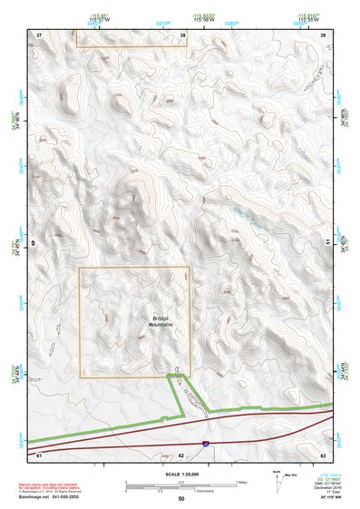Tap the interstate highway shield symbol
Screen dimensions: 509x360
[x=206, y=444]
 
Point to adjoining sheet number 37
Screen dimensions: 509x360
[x=40, y=34]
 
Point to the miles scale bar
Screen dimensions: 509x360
[x=180, y=484]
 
